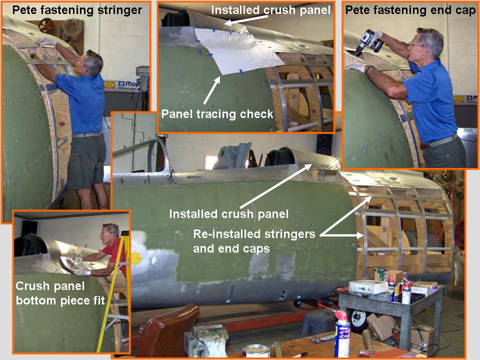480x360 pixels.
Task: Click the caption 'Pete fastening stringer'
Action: click(77, 10)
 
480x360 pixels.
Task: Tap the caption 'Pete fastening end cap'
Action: click(410, 10)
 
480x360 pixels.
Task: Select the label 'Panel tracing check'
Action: click(217, 114)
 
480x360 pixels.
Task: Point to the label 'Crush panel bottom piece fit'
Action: click(60, 293)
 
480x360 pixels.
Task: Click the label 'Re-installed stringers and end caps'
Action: click(254, 241)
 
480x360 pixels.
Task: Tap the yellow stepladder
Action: click(114, 291)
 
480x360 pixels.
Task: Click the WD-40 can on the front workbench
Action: click(342, 333)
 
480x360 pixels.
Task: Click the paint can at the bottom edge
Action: click(256, 351)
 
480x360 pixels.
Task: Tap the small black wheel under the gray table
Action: click(358, 321)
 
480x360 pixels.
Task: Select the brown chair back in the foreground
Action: click(167, 330)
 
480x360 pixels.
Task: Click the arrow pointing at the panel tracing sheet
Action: click(211, 90)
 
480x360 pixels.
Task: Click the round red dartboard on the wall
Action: click(45, 25)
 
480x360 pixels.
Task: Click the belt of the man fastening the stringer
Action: click(87, 134)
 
